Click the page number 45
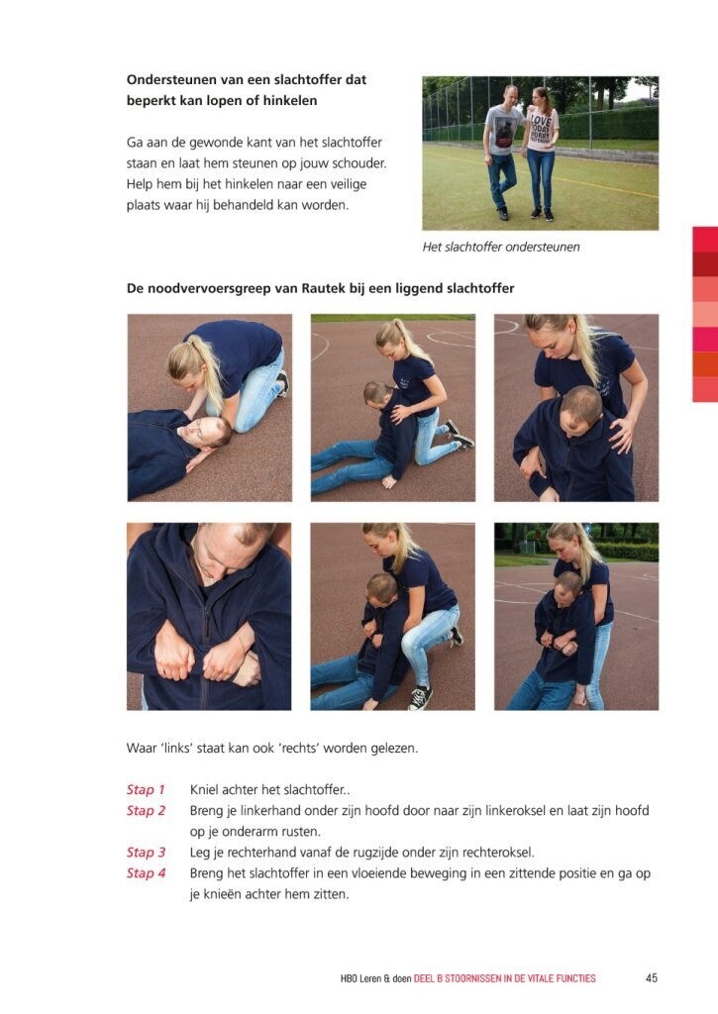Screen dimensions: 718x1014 [652, 978]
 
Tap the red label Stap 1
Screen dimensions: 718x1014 [146, 789]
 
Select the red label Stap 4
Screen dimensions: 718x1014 [147, 873]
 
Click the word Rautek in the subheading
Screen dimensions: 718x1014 [324, 288]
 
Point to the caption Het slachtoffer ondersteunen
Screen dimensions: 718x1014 [501, 247]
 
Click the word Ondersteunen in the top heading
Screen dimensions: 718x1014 [171, 79]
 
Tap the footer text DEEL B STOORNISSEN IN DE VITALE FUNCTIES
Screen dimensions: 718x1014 [504, 979]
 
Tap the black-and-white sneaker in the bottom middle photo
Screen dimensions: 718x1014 [421, 696]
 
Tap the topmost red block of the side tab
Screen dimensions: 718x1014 [705, 240]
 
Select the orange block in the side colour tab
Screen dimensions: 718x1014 [705, 364]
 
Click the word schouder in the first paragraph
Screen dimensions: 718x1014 [359, 163]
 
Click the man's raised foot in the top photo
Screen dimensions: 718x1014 [503, 214]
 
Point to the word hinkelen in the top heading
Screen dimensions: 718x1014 [290, 100]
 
